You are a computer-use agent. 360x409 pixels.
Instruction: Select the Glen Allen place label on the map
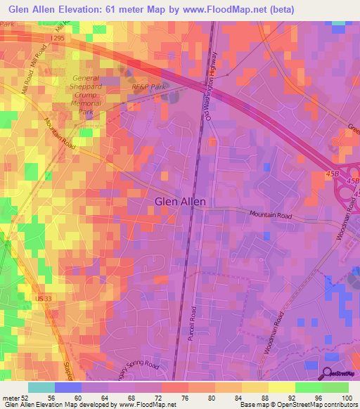coord(180,202)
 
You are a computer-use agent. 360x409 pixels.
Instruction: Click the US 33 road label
coord(43,299)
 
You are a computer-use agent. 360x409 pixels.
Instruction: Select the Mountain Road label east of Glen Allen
coord(269,215)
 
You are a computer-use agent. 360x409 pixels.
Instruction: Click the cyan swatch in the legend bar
coord(41,387)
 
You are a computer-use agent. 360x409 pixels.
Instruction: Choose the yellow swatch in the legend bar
coord(282,387)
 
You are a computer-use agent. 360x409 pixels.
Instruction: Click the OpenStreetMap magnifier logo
coord(328,375)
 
